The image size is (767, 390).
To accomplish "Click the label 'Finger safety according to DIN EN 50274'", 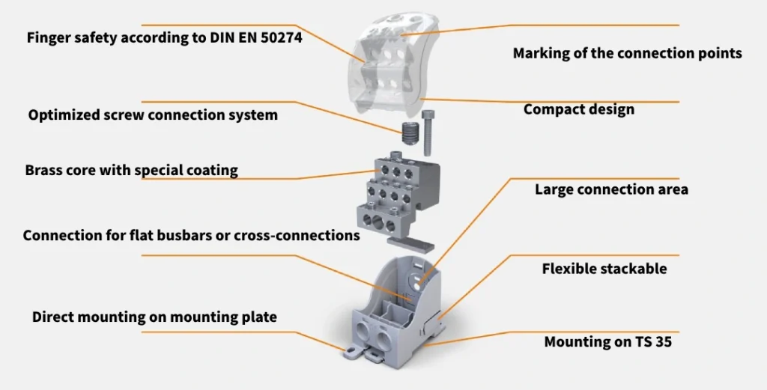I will pos(164,37).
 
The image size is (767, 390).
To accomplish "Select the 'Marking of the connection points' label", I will pos(627,53).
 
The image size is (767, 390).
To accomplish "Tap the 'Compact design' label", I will pos(578,109).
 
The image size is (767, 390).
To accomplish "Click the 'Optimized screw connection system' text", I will pos(153,115).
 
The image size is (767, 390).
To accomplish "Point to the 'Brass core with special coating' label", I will pos(131,170).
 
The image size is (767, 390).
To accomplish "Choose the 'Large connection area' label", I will pos(611,189).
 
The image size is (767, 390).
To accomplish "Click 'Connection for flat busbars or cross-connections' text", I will pos(191,235).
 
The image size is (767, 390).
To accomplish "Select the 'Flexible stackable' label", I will pos(604,268).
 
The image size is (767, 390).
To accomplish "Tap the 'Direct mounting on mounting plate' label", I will pos(154,317).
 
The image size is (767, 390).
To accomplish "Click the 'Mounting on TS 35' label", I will pos(607,342).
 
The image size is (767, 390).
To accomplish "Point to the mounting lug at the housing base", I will pos(356,350).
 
